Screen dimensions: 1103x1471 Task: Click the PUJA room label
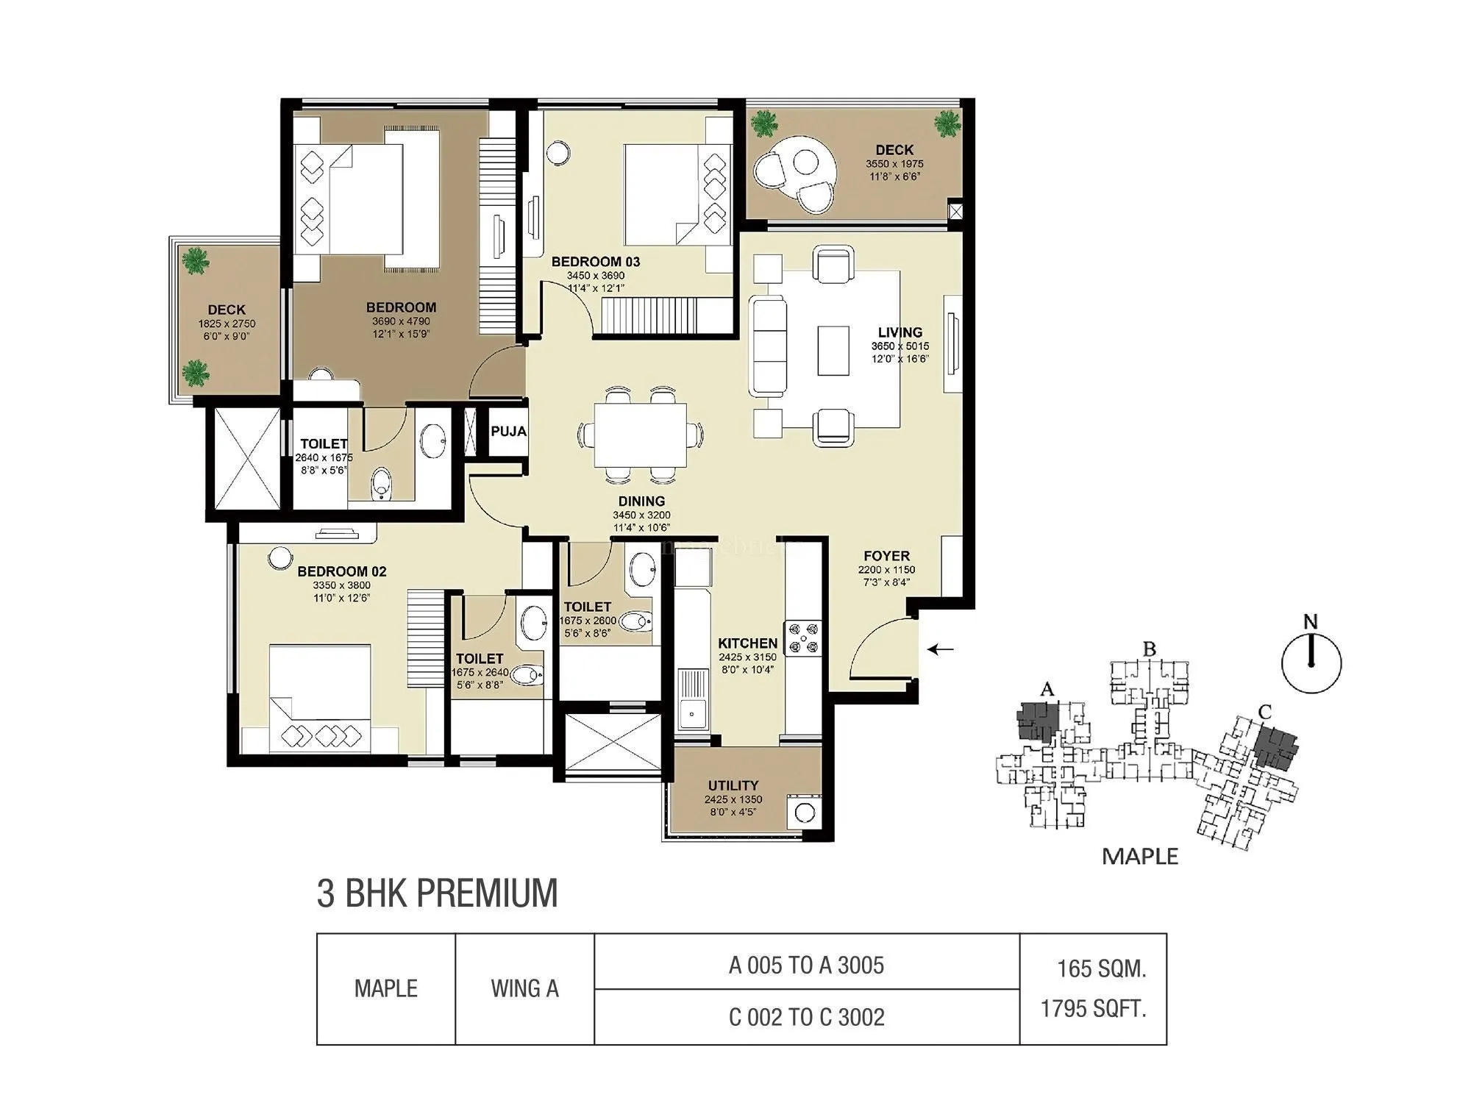508,431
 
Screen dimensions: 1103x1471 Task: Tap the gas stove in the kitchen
802,638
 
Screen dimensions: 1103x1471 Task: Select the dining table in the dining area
640,435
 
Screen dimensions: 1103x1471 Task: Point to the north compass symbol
1311,662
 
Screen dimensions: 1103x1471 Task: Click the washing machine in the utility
804,813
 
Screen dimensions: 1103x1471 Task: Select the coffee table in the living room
833,350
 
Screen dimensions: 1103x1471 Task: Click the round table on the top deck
806,163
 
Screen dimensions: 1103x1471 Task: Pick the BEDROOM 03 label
596,262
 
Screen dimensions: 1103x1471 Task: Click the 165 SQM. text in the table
1101,969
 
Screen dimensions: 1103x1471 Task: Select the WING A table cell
524,989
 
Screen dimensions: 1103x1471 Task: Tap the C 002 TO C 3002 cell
806,1017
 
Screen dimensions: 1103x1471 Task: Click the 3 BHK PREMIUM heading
437,893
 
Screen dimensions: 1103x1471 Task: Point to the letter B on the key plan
1149,649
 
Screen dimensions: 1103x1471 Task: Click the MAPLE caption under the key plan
1140,857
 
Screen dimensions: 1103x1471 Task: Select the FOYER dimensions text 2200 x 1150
886,570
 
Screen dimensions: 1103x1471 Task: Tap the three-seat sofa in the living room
767,346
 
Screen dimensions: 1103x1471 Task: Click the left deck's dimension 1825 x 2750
227,324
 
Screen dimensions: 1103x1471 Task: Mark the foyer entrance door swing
883,647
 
